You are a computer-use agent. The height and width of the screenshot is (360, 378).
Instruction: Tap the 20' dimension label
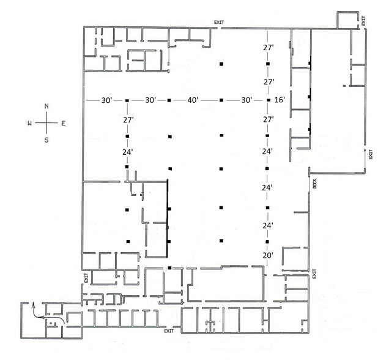point(268,255)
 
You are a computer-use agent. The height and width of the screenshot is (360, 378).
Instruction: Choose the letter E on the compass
point(63,123)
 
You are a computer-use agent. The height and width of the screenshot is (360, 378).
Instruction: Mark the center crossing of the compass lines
point(46,123)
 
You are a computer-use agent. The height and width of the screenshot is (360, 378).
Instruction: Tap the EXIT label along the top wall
point(219,23)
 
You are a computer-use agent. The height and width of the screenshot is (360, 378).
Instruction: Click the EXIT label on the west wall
point(87,280)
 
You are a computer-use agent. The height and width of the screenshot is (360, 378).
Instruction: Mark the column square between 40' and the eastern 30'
point(221,100)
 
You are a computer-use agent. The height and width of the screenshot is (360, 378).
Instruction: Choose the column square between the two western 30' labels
point(127,100)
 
